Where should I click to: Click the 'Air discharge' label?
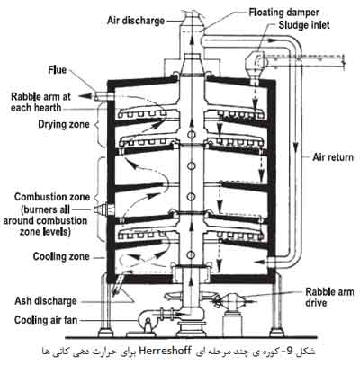136,21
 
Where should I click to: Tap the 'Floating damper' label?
283,13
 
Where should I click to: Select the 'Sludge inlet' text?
304,25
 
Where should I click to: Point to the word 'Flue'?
57,70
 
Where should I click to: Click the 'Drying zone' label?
64,124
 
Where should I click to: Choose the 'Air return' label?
333,157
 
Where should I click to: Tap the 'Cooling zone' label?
61,256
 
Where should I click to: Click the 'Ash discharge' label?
46,301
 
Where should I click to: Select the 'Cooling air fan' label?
46,320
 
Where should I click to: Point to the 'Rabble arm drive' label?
329,297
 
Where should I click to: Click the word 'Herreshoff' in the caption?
165,351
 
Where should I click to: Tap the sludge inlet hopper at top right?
255,64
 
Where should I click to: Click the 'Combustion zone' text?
52,197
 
